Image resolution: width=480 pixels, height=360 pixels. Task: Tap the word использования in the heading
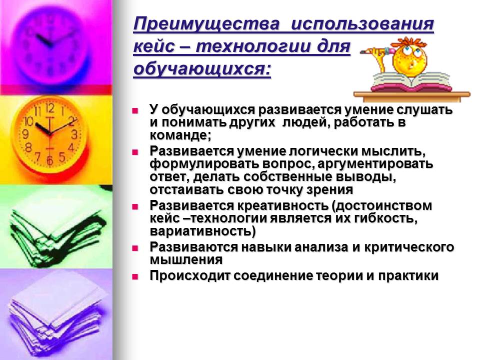[362, 24]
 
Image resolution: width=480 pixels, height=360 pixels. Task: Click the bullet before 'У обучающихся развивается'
[135, 111]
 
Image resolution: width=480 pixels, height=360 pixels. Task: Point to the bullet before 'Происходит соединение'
[135, 277]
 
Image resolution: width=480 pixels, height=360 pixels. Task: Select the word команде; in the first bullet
[180, 135]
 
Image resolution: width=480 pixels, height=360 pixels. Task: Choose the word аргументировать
[375, 164]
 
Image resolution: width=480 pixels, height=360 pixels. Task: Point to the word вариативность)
[202, 231]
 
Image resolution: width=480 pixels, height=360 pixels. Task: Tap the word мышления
[186, 260]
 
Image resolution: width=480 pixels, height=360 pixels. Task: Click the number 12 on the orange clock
[50, 108]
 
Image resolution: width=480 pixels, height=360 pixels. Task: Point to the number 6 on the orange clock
[50, 160]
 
